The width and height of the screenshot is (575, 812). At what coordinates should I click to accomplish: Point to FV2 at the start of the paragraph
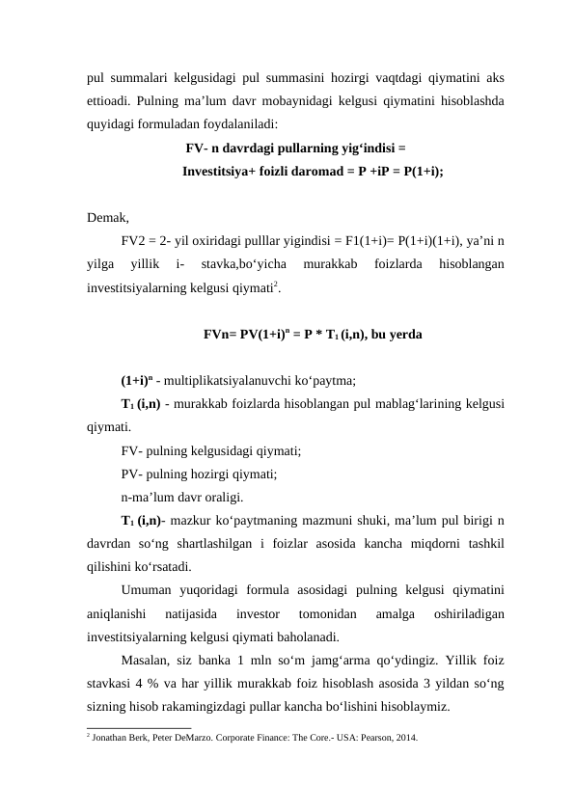[136, 240]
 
